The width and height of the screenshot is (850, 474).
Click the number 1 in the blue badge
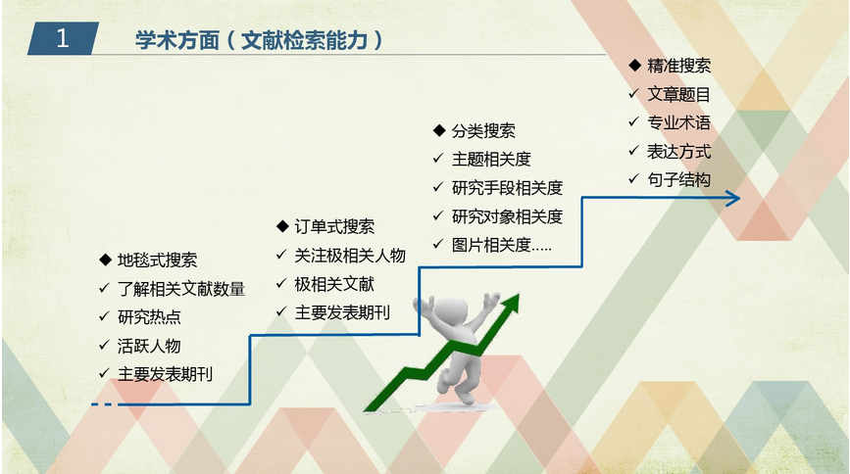click(63, 38)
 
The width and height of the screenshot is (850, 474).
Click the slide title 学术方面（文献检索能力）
click(259, 40)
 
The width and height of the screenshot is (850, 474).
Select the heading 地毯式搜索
click(157, 261)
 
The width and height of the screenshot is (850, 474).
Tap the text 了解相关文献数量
click(181, 289)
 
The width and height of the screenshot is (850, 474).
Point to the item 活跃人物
click(149, 346)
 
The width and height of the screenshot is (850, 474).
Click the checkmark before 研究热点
click(105, 316)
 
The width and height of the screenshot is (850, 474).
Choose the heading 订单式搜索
click(334, 226)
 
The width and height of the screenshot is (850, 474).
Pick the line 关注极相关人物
click(350, 256)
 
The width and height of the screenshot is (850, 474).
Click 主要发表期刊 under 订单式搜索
click(342, 312)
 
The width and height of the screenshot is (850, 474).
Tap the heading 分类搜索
click(483, 130)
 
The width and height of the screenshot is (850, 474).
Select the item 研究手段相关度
click(508, 188)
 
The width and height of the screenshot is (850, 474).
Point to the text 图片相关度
click(491, 245)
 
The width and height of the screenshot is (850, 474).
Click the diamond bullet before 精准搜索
click(634, 66)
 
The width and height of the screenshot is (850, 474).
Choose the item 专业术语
click(678, 122)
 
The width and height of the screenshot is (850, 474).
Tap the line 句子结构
click(678, 179)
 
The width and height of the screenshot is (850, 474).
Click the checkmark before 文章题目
click(633, 94)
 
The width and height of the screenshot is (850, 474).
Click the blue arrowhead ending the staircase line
click(734, 199)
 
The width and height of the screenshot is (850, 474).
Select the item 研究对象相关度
click(508, 216)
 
